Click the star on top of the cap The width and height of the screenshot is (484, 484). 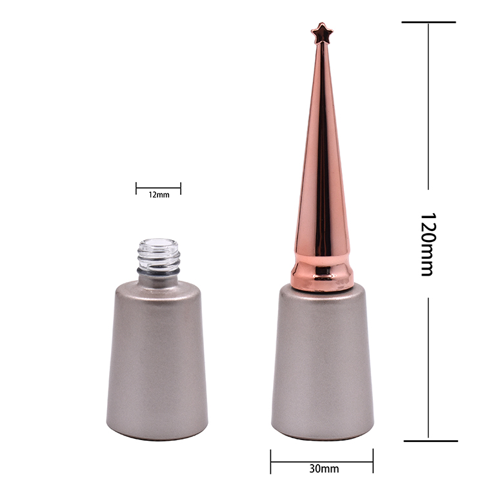point(321,33)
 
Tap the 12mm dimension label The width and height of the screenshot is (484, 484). point(159,195)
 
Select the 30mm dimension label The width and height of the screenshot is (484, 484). point(324,469)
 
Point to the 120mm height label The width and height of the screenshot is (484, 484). point(428,244)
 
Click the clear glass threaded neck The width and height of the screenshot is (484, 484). point(159,255)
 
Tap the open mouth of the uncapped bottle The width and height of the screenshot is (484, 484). point(159,243)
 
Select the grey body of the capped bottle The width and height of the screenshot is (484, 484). point(323,364)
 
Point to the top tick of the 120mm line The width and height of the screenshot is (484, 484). point(429,22)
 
